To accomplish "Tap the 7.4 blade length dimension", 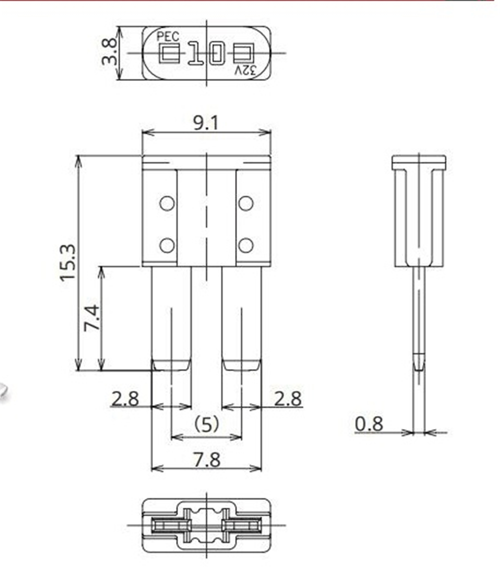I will (92, 318).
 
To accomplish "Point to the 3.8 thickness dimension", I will (109, 52).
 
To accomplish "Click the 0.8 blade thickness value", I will (368, 424).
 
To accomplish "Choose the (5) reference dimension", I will (206, 425).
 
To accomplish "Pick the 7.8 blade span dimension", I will (206, 459).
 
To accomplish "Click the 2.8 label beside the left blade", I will (124, 398).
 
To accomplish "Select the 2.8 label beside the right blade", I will (288, 398).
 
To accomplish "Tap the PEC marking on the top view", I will (167, 36).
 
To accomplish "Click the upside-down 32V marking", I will (245, 70).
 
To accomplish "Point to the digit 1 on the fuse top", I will (195, 53).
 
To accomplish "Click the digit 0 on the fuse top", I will (216, 53).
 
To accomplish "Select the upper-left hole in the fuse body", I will (166, 203).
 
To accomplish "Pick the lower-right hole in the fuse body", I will (245, 245).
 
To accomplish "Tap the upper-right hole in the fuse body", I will (245, 203).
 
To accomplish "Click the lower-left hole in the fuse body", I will (166, 245).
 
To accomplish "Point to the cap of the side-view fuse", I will (418, 162).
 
